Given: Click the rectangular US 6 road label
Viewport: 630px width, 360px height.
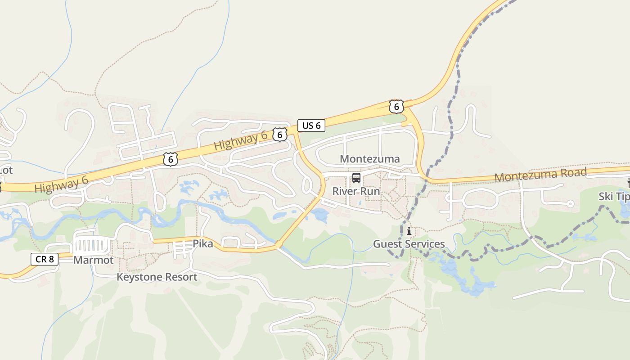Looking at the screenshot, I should pos(311,126).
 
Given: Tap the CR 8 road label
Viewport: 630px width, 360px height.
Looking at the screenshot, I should pos(45,259).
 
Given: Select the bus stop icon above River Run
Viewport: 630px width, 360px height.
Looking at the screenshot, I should pos(356,178).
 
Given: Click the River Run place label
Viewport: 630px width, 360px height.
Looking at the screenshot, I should pos(356,191).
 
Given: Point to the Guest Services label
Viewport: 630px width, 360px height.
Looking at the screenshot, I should pos(409,244).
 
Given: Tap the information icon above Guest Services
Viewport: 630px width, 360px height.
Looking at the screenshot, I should pos(409,231).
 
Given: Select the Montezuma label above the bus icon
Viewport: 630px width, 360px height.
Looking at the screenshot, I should pos(369,159).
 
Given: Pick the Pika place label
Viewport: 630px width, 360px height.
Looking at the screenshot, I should pos(202,244).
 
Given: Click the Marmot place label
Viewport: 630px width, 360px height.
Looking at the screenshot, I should pos(94,260).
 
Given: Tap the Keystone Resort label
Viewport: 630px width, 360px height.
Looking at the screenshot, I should pos(157,277).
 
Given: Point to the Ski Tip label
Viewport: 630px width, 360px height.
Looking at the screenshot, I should pos(613,197).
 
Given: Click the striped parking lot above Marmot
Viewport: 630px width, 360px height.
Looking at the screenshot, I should pos(93,246).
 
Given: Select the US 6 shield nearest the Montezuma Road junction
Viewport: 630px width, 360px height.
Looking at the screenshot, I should pos(396,107).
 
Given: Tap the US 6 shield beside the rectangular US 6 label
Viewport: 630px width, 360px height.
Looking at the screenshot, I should pos(280,134).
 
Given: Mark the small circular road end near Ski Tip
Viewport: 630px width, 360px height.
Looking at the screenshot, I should pos(570,204).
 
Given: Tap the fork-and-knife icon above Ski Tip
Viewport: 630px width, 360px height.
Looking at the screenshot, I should pos(628,183).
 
